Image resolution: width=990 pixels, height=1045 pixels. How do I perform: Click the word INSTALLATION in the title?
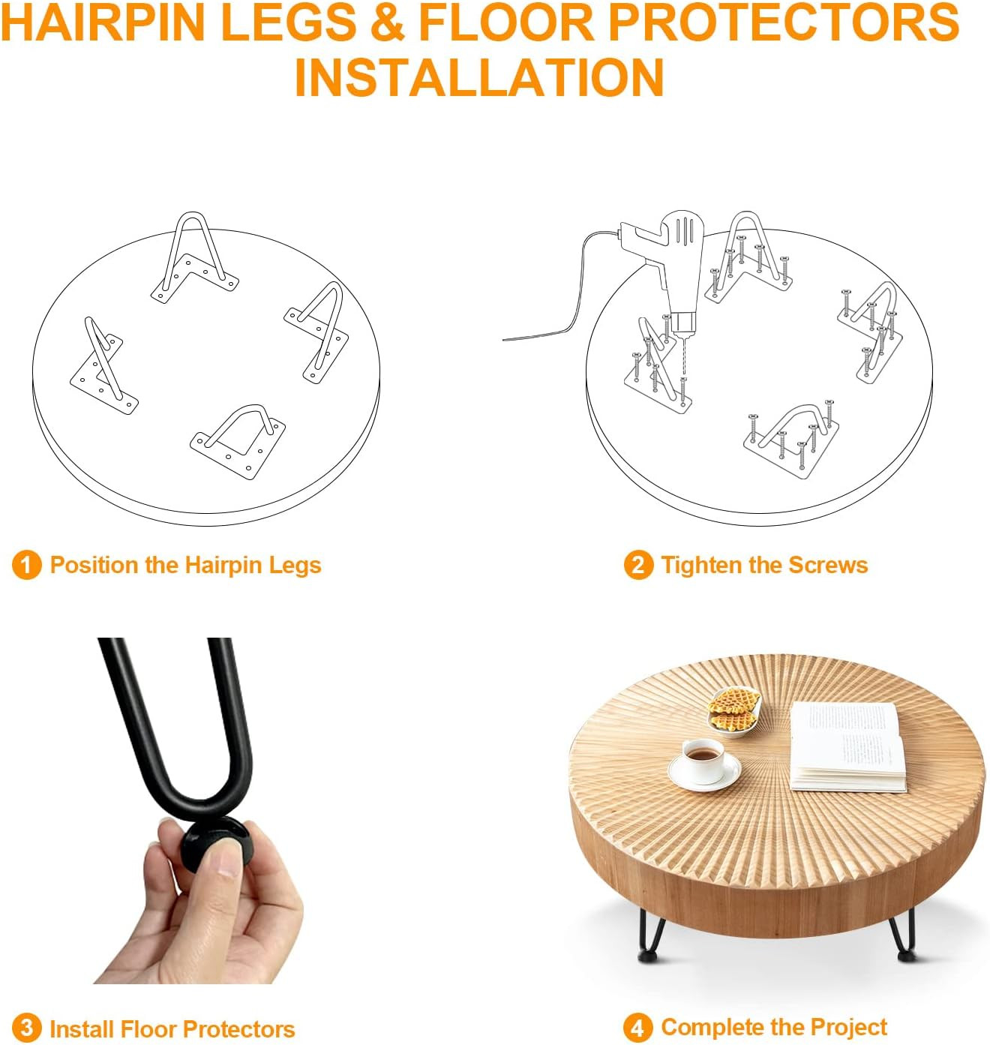478,77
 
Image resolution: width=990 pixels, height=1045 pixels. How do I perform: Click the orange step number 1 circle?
26,564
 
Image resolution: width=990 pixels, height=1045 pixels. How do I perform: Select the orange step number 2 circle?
637,564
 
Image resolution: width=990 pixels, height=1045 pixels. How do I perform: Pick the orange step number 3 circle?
26,1028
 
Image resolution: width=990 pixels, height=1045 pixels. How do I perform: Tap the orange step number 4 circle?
637,1028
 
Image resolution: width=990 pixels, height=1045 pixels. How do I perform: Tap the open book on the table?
847,746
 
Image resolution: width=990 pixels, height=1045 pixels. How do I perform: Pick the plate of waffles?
733,711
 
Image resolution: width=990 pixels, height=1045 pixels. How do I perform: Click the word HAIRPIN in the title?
103,23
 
